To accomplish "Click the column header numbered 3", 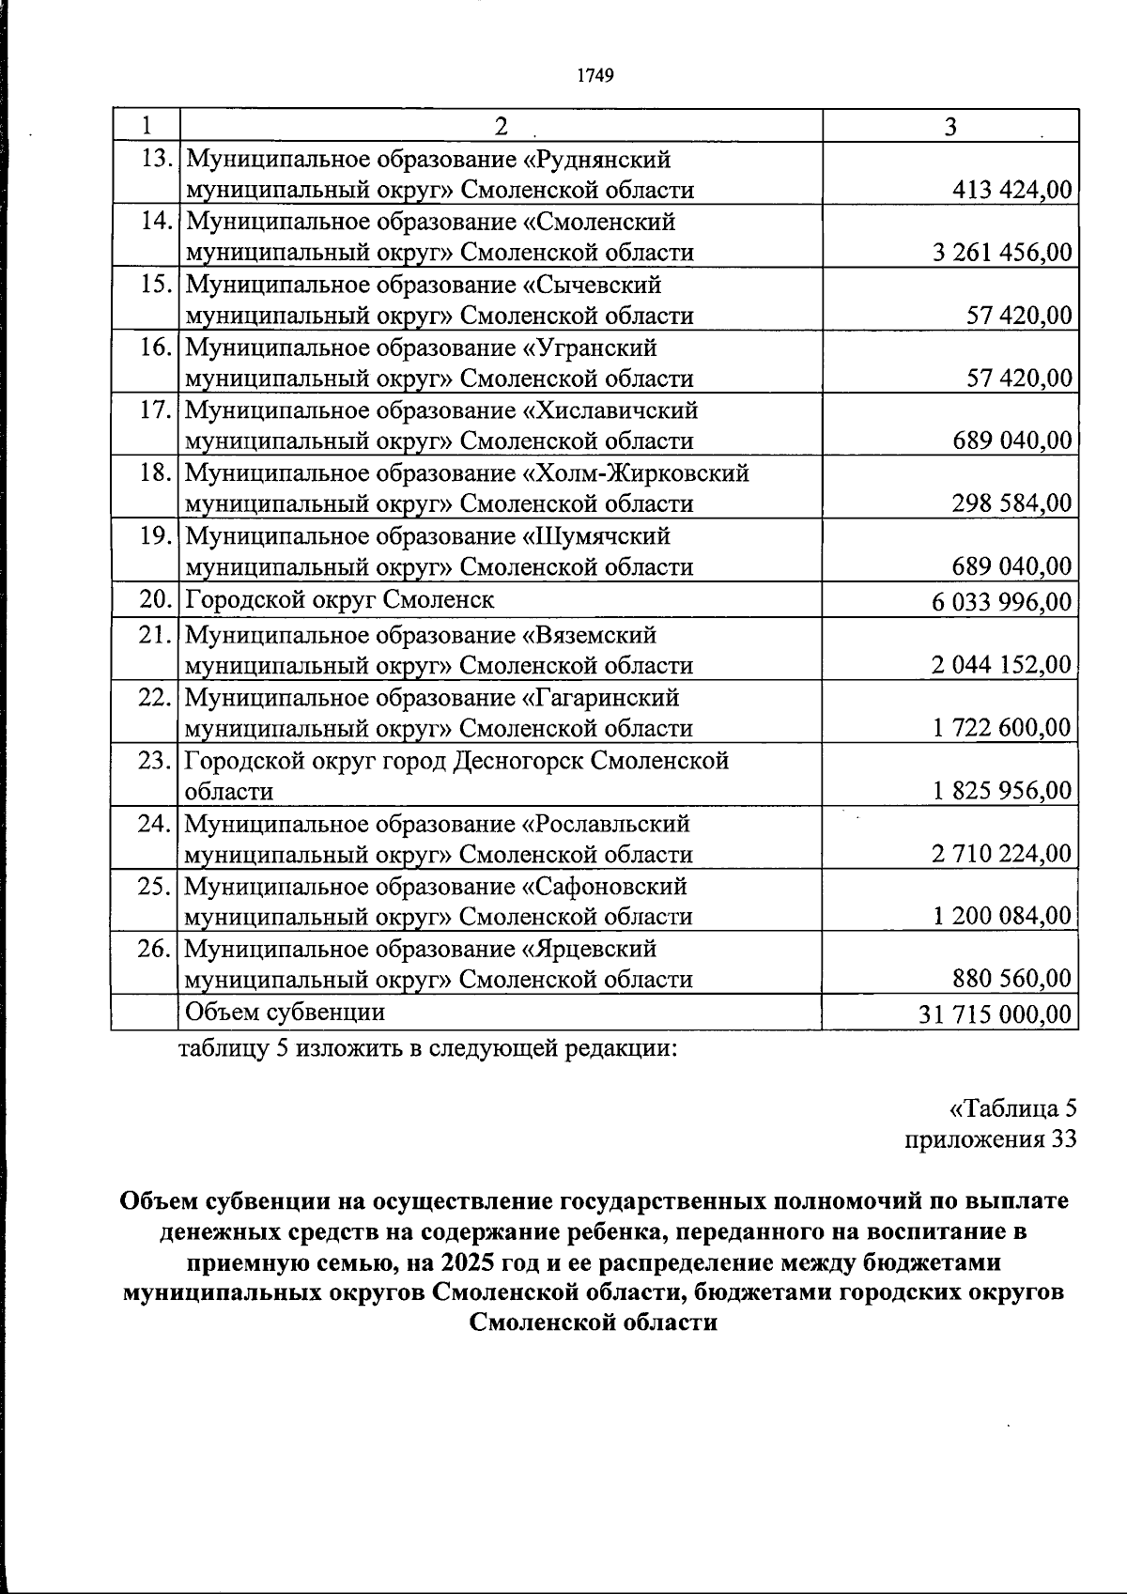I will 950,127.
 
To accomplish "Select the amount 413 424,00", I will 1011,190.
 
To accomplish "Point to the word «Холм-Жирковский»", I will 634,473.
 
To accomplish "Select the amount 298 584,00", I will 1011,503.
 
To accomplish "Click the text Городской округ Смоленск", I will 340,599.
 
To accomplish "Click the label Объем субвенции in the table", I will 286,1012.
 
